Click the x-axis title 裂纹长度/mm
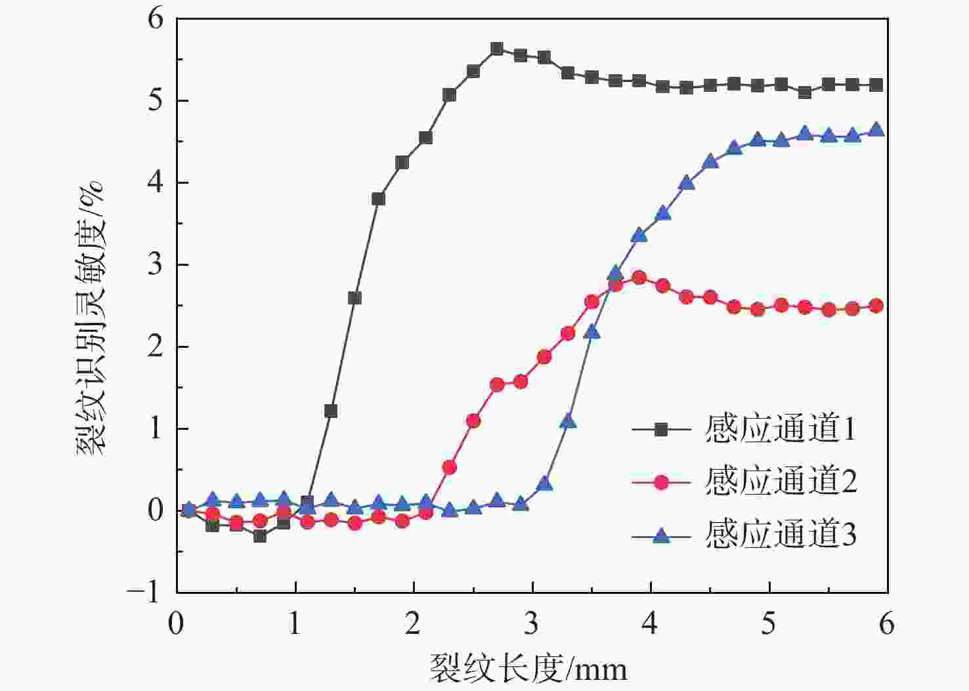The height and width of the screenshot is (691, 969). coord(528,669)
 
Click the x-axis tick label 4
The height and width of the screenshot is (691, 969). coord(650,623)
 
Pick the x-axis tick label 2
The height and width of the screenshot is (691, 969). coord(413,623)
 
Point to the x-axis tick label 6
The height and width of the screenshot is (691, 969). coord(887,623)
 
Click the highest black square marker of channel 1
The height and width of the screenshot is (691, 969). coord(497,49)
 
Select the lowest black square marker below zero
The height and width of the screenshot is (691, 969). coord(260,535)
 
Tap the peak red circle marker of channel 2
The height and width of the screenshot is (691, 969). coord(639,278)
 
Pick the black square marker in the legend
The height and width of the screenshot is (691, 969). coord(661,430)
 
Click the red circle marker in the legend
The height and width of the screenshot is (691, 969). coord(661,482)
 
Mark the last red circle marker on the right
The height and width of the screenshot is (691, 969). coord(876,306)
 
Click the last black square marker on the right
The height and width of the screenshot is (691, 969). coord(876,85)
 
